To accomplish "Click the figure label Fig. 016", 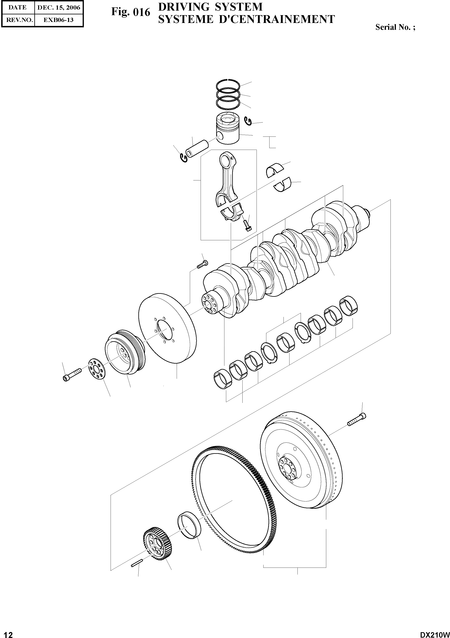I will pos(131,12).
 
